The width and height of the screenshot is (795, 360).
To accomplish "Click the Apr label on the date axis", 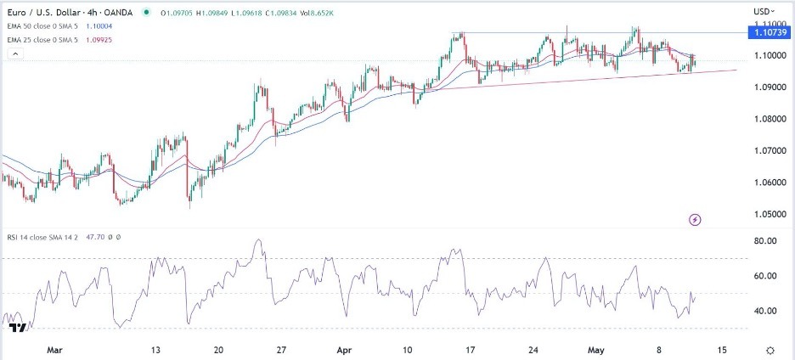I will point(344,349).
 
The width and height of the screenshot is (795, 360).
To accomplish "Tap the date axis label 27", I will point(281,349).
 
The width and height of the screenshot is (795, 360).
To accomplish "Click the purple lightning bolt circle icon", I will point(696,220).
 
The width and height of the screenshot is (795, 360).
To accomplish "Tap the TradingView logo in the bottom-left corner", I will point(15,327).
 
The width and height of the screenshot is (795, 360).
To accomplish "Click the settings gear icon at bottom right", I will point(770,350).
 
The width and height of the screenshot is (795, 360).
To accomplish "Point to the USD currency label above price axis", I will point(762,11).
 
